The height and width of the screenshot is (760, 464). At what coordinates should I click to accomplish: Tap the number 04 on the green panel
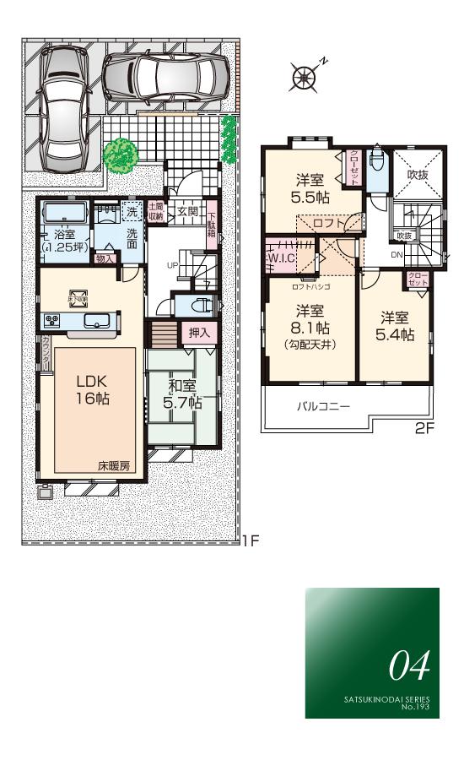[x=409, y=666]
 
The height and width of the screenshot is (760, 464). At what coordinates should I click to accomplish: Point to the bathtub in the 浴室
[x=64, y=211]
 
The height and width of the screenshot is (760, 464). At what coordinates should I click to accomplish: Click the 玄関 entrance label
[x=187, y=211]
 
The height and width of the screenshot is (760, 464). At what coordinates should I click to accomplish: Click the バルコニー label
[x=323, y=406]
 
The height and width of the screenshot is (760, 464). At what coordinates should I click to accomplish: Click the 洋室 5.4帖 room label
[x=396, y=326]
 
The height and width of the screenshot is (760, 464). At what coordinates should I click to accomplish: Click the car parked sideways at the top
[x=166, y=77]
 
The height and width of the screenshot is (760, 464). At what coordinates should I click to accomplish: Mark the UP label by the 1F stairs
[x=173, y=263]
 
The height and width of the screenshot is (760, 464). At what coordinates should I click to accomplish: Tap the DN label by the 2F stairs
[x=396, y=253]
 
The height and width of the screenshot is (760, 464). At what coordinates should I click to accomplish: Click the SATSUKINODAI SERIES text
[x=386, y=700]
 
